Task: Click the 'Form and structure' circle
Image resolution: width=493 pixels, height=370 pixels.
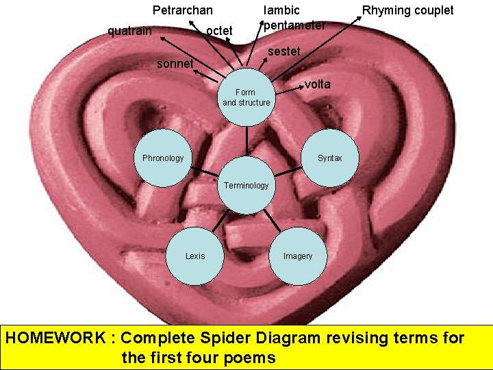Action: click(246, 97)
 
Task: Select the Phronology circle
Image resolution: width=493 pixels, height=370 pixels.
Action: click(163, 158)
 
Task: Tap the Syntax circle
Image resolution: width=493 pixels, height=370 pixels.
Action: click(329, 158)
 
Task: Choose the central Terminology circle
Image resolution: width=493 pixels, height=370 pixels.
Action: click(246, 186)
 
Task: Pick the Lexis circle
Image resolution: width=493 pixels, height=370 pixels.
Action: click(195, 256)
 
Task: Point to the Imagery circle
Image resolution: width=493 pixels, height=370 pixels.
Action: click(298, 256)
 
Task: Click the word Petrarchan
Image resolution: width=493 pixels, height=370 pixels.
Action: click(182, 10)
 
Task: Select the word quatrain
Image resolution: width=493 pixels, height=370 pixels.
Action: click(130, 30)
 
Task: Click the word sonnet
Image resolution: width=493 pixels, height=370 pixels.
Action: click(176, 64)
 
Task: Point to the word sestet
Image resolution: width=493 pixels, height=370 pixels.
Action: click(284, 51)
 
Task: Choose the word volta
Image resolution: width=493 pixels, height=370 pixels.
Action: click(318, 84)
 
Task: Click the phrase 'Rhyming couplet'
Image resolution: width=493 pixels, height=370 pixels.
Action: click(407, 10)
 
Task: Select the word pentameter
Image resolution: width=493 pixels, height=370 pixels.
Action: click(294, 25)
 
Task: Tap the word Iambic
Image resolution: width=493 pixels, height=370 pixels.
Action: click(281, 10)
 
